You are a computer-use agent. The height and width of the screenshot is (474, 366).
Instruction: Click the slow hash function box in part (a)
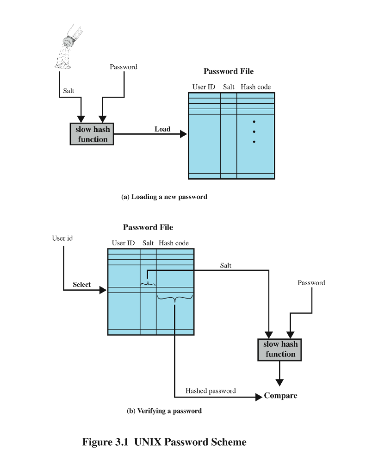tap(92, 134)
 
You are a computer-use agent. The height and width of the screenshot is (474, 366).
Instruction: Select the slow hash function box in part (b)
tap(280, 349)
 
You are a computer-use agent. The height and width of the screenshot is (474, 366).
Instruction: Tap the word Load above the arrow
tap(162, 129)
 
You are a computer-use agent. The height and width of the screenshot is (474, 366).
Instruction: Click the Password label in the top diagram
tap(123, 67)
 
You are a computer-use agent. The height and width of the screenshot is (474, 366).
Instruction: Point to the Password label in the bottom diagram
tap(311, 283)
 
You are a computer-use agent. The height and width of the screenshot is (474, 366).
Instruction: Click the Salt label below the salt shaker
tap(68, 91)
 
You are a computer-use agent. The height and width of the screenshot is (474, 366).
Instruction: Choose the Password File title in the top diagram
tap(228, 71)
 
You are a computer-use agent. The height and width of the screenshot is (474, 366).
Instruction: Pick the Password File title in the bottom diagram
tap(148, 227)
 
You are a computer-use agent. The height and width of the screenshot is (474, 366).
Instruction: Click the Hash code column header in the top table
tap(255, 87)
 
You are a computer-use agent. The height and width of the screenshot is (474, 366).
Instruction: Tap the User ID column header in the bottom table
tap(123, 243)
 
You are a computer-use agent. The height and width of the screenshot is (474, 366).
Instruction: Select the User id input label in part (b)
tap(62, 238)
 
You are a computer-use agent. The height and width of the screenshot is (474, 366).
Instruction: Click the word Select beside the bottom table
tap(81, 285)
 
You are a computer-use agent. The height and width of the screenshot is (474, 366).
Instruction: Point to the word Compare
tap(280, 396)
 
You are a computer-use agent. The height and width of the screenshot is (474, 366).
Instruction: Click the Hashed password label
tap(211, 391)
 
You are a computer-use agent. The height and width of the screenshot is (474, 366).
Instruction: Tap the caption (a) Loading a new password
tap(164, 197)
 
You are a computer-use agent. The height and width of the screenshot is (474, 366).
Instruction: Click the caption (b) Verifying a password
tap(164, 411)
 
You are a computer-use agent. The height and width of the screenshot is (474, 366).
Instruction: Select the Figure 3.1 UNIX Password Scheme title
tap(164, 442)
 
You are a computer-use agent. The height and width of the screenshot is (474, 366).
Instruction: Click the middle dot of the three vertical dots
tap(254, 132)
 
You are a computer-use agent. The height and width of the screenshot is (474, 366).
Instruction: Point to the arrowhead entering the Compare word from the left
tap(259, 397)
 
